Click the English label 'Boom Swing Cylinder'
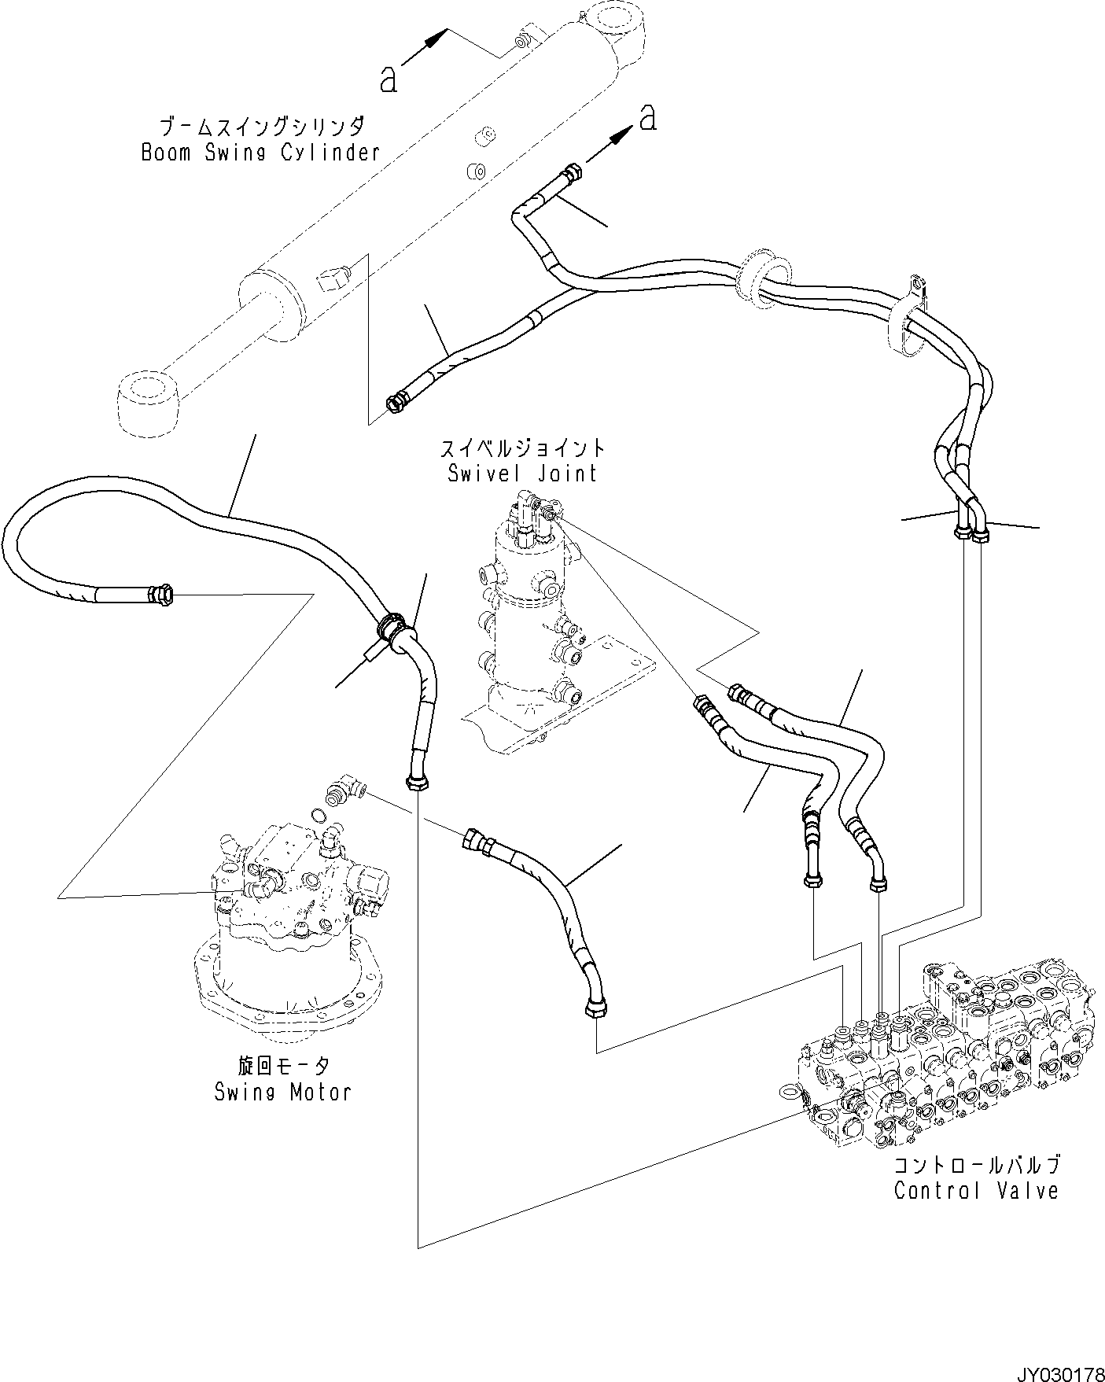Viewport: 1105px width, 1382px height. coord(260,152)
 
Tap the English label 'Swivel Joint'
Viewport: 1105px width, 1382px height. coord(522,474)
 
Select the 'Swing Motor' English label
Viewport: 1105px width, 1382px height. coord(282,1092)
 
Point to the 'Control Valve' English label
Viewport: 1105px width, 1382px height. coord(976,1190)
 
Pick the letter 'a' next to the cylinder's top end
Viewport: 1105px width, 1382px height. coord(389,79)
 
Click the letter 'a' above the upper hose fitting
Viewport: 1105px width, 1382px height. coord(647,118)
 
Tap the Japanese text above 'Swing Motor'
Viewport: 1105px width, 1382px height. coord(282,1066)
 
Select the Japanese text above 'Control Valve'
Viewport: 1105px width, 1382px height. coord(976,1164)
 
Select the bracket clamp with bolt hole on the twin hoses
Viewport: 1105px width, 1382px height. coord(915,319)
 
